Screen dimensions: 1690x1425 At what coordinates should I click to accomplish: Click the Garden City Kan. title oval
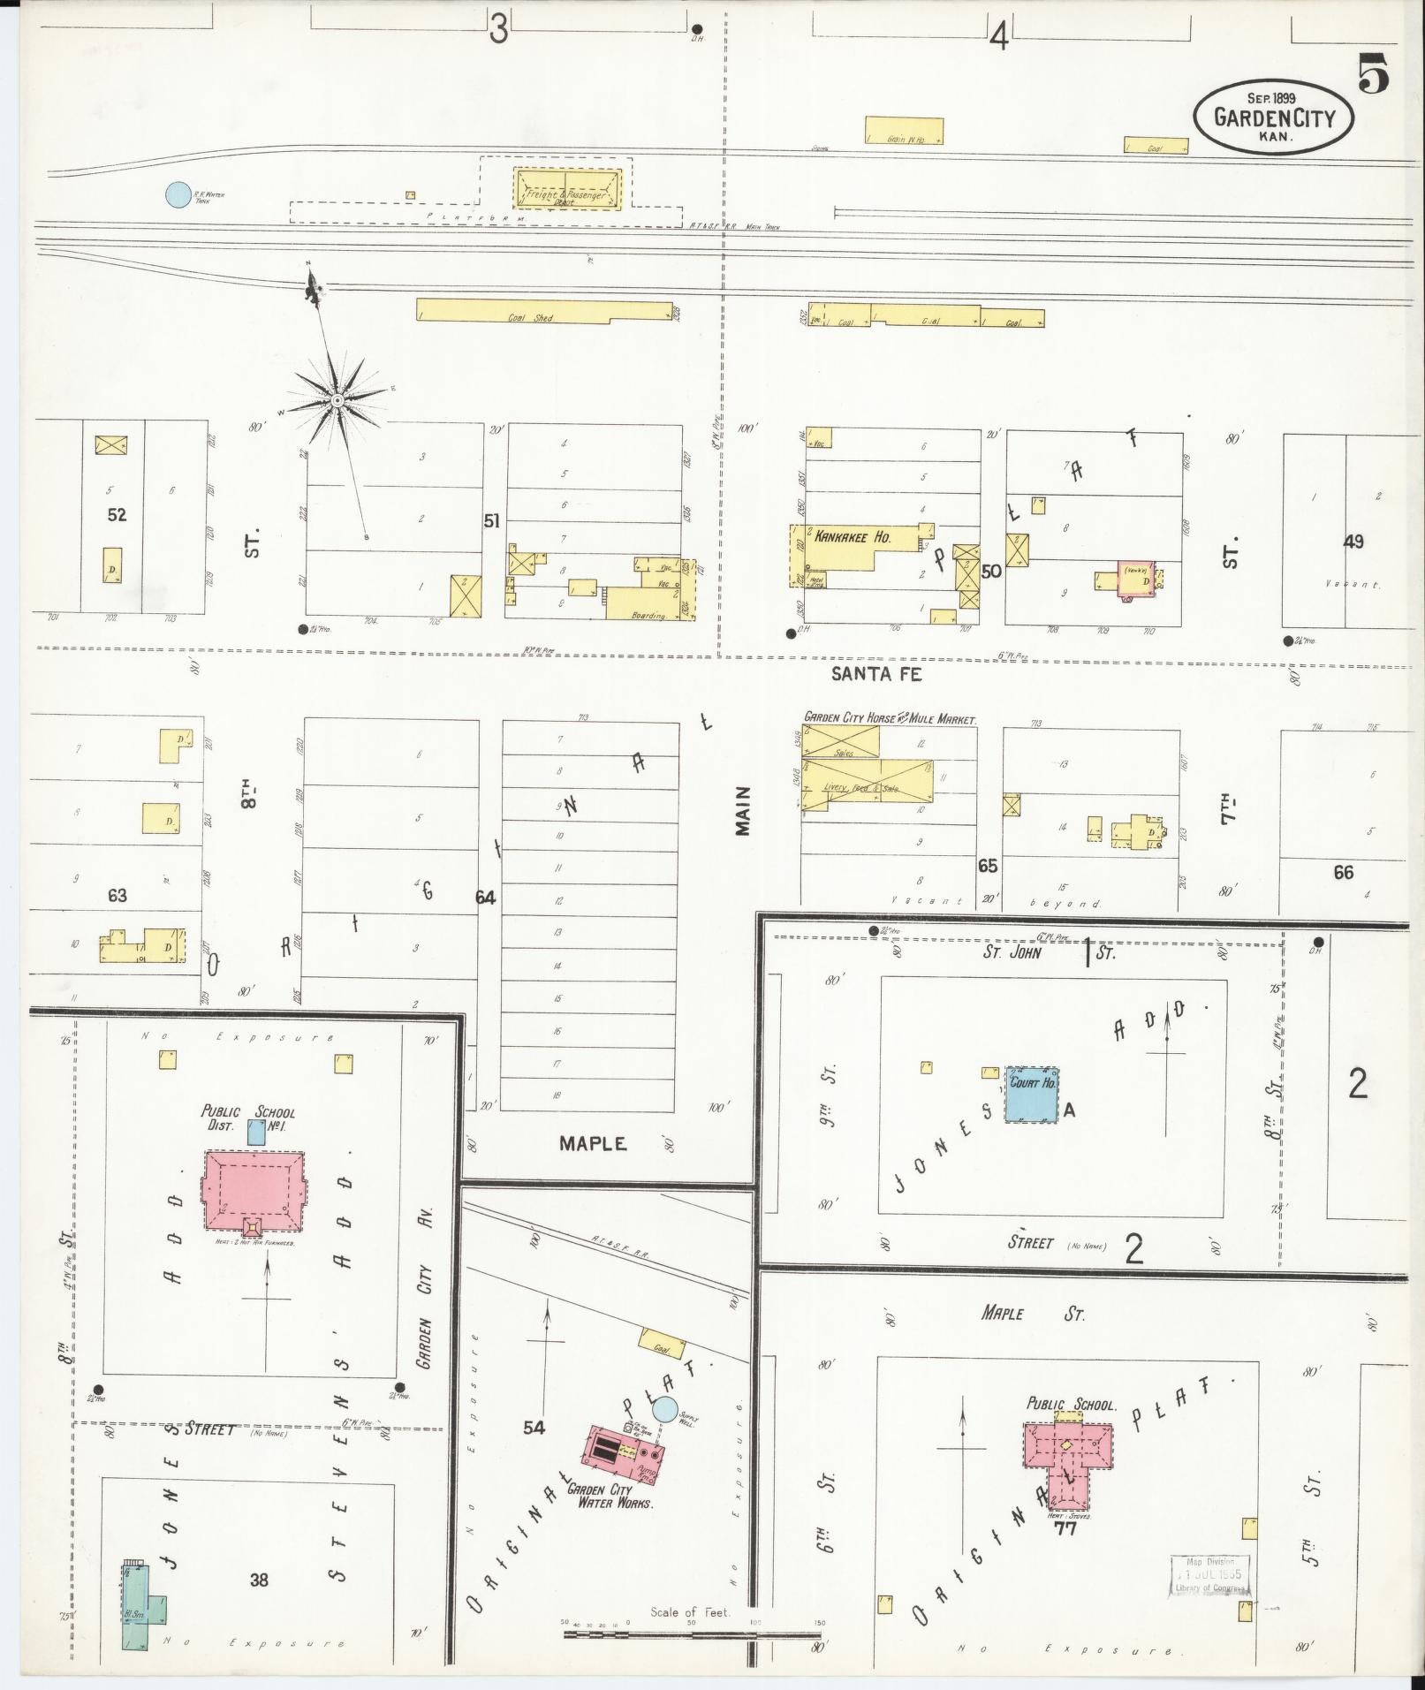(1273, 117)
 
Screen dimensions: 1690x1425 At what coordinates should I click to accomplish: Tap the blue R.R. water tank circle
(178, 194)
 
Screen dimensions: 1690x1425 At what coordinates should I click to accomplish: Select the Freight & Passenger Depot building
(568, 190)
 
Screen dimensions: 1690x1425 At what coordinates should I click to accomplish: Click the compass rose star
(337, 401)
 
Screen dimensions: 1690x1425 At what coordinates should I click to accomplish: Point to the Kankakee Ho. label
(853, 536)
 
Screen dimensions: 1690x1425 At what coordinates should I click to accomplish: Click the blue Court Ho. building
(1032, 1095)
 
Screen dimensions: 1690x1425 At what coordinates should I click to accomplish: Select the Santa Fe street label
(877, 674)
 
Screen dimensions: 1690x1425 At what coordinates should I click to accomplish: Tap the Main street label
(742, 810)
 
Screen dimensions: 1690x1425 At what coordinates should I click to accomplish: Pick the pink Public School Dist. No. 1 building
(254, 1191)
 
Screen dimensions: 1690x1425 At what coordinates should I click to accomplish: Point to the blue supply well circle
(664, 1411)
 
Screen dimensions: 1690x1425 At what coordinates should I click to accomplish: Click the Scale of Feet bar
(694, 1634)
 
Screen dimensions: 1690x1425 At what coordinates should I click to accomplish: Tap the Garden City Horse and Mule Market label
(890, 719)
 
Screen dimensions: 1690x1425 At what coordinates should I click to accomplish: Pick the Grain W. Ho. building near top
(904, 130)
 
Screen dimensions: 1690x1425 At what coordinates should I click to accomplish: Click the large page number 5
(1373, 73)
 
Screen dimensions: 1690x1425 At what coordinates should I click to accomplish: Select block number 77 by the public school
(1065, 1528)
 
